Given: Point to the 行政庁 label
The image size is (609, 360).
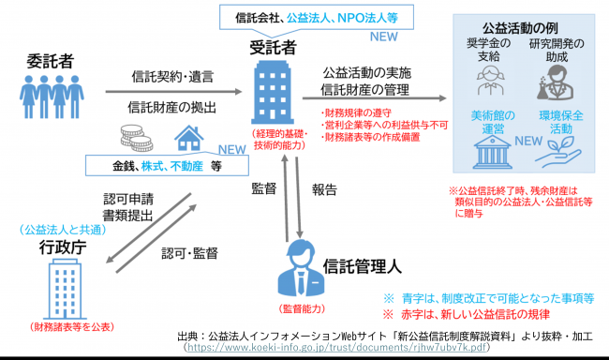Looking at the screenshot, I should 45,247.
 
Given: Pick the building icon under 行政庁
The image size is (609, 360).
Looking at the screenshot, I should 51,289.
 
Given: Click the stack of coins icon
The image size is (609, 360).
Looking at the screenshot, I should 137,139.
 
